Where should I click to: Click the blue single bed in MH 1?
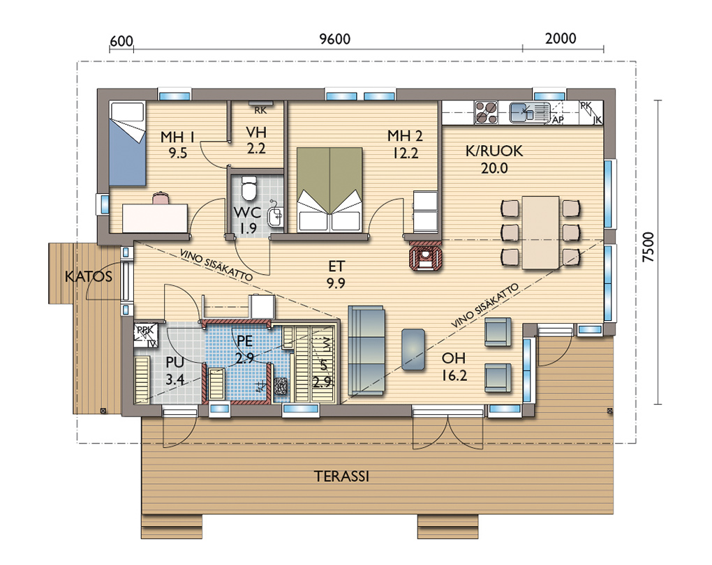point(126,144)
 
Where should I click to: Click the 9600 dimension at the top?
point(334,39)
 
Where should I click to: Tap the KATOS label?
point(89,276)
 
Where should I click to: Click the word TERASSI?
point(341,477)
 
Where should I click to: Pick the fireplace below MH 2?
point(425,257)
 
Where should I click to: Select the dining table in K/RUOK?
point(540,232)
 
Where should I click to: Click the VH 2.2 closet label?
point(256,139)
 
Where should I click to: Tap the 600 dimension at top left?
point(121,40)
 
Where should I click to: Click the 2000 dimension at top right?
point(561,39)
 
